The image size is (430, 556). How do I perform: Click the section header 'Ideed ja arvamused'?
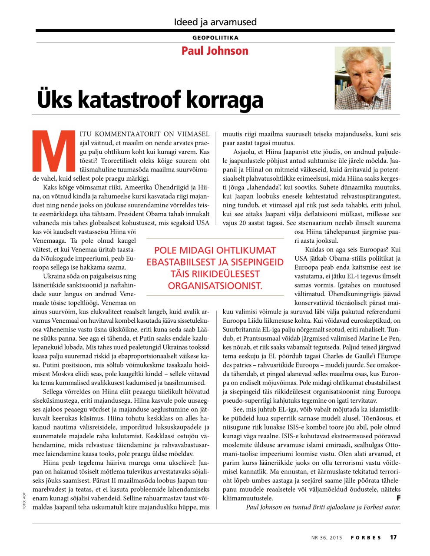coord(215,22)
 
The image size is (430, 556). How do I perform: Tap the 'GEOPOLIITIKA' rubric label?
coord(215,38)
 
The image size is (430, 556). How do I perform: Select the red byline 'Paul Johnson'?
coord(215,51)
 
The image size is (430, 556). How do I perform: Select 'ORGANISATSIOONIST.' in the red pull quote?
coord(215,286)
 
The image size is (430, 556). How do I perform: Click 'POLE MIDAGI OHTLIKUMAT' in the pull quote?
coord(215,251)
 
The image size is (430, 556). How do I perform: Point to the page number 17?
coord(393,537)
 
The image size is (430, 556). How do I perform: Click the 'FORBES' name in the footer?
coord(366,538)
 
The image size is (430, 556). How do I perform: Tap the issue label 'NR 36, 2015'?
coord(327,538)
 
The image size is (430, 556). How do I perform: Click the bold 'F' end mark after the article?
coord(398,497)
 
